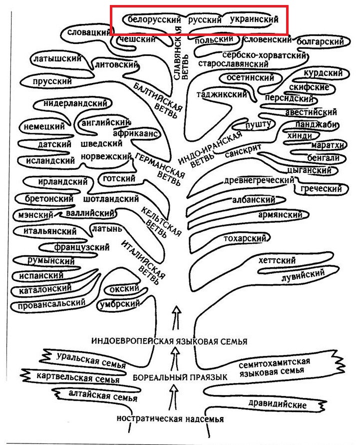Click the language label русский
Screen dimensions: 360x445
click(x=204, y=20)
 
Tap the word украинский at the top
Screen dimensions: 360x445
click(x=254, y=19)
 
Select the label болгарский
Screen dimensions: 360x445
click(x=320, y=42)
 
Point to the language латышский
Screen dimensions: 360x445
click(x=57, y=59)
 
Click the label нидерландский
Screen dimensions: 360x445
click(x=75, y=103)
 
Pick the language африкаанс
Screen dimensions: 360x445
click(x=136, y=133)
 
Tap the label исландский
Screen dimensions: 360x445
click(x=50, y=161)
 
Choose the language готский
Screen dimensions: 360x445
click(x=119, y=178)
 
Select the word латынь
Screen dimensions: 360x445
click(x=107, y=228)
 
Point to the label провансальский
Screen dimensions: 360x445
click(x=51, y=304)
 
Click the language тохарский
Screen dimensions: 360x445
click(x=245, y=238)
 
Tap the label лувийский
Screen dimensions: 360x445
click(x=303, y=275)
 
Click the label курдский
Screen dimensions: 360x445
click(x=323, y=73)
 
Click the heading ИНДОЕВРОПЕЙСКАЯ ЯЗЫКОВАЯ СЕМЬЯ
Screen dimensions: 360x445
click(x=169, y=341)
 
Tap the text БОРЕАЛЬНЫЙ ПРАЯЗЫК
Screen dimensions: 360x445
click(x=180, y=378)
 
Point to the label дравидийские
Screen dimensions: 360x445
click(x=278, y=404)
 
